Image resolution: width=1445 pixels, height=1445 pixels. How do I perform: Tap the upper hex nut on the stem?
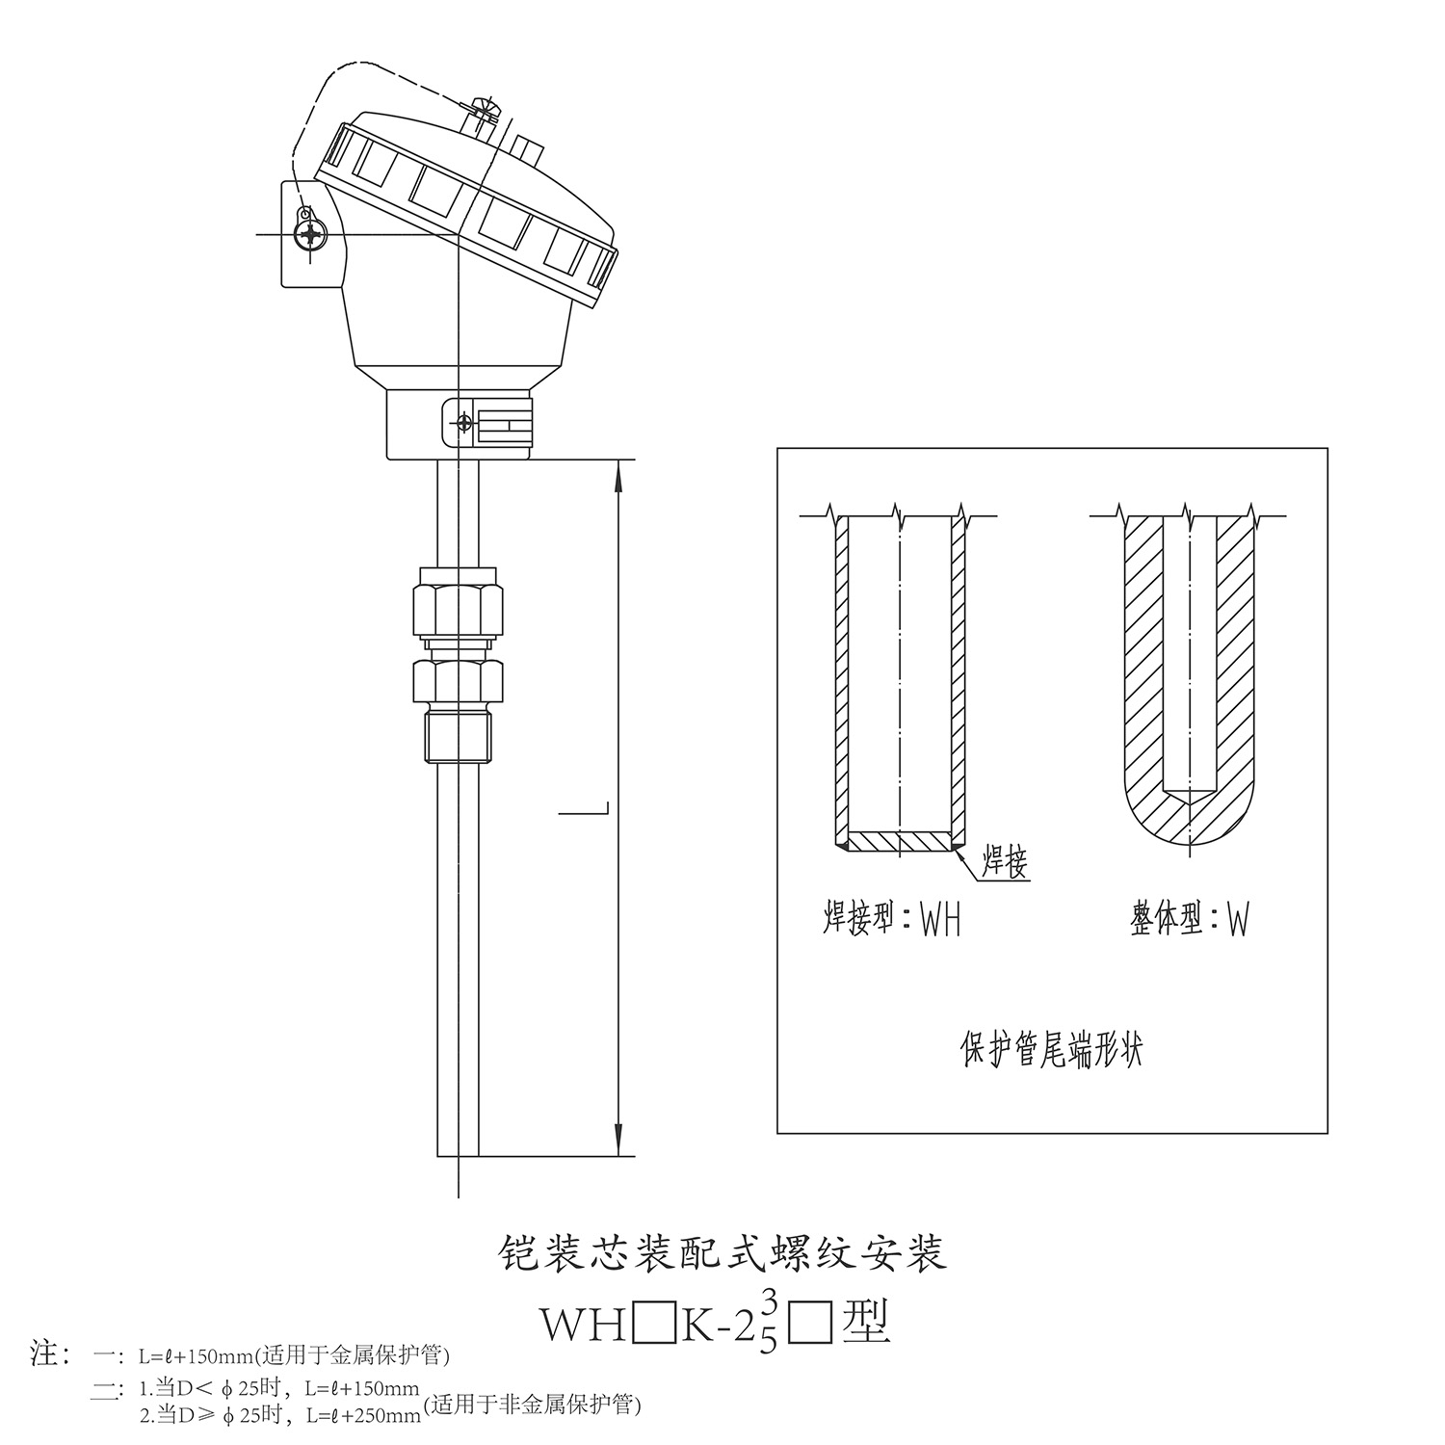pyautogui.click(x=458, y=609)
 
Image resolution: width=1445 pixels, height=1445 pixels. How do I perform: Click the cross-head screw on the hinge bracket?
pyautogui.click(x=310, y=234)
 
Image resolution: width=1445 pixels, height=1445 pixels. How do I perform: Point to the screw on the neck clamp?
pyautogui.click(x=465, y=423)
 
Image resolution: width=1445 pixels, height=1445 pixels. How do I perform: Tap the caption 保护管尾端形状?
pyautogui.click(x=1052, y=1049)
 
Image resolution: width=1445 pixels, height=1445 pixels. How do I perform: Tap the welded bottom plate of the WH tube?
pyautogui.click(x=900, y=842)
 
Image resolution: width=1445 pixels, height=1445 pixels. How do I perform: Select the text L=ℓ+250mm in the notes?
pyautogui.click(x=363, y=1415)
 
